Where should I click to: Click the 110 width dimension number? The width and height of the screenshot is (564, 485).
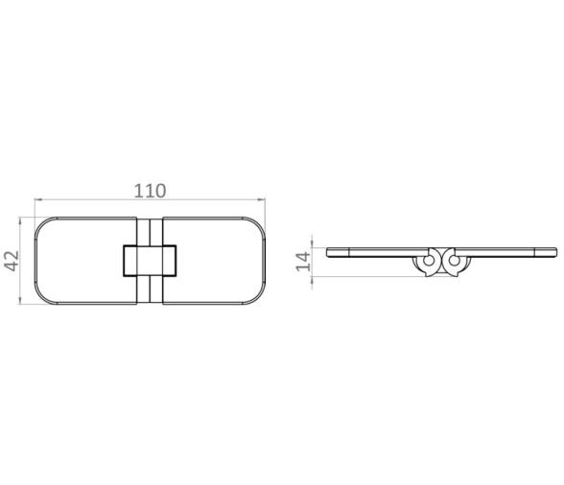coord(149,190)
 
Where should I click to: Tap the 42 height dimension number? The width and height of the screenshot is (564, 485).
coord(12,260)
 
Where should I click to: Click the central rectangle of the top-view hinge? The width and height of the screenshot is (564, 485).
coord(149,260)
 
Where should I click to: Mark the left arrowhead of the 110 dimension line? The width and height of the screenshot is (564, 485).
coord(37,201)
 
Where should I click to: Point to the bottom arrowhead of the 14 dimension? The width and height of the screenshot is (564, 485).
coord(316,272)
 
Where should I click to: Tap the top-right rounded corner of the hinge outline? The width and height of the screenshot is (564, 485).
coord(255,224)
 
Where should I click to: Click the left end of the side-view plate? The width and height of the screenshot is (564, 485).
coord(329,252)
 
